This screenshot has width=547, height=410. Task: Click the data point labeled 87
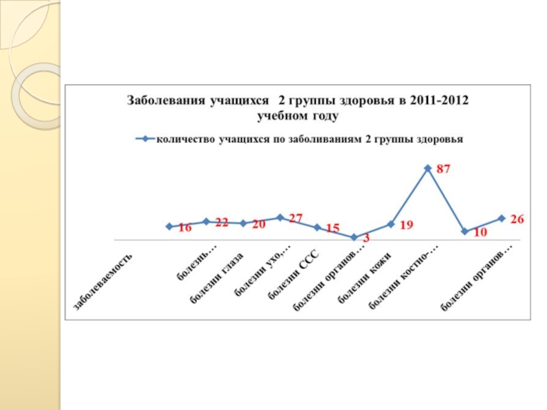pyautogui.click(x=427, y=168)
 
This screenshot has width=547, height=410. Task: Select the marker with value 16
pyautogui.click(x=169, y=226)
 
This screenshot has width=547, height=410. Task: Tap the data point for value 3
pyautogui.click(x=353, y=238)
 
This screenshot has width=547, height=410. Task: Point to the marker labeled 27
pyautogui.click(x=280, y=217)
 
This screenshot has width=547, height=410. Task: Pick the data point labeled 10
pyautogui.click(x=464, y=232)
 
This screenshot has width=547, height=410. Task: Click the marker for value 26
pyautogui.click(x=501, y=218)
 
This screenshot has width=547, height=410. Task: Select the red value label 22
pyautogui.click(x=221, y=223)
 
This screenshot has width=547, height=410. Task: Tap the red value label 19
pyautogui.click(x=406, y=224)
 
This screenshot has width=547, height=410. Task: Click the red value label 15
pyautogui.click(x=332, y=228)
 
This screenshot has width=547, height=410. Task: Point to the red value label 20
pyautogui.click(x=258, y=223)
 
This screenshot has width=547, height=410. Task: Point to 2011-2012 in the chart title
pyautogui.click(x=441, y=100)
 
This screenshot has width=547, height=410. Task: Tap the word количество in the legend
pyautogui.click(x=185, y=139)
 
